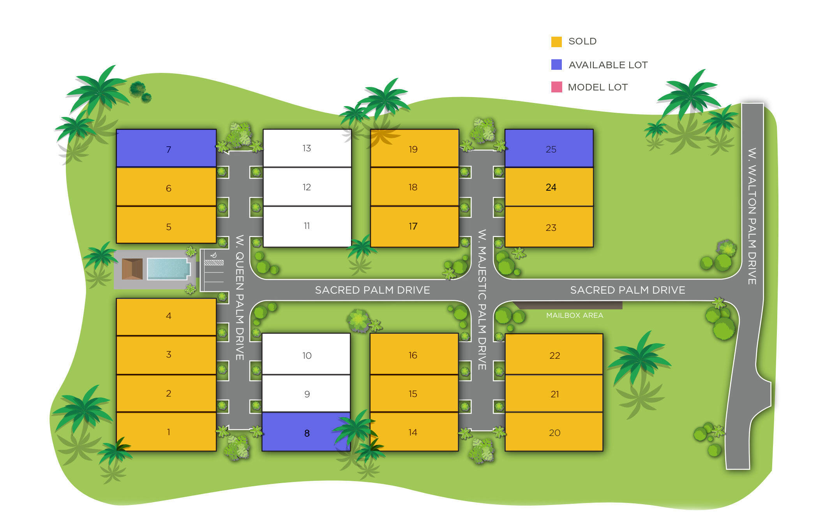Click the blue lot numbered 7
166,149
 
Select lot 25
549,149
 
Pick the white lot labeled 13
307,148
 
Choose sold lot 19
414,149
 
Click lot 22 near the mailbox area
554,354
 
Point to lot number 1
166,431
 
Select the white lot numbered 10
306,354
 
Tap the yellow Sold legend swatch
556,42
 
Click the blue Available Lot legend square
556,65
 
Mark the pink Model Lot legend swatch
556,87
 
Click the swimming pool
168,269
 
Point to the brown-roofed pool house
132,269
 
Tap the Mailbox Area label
574,315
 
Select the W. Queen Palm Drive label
240,297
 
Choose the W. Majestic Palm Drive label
482,299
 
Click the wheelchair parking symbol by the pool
214,255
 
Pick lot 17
414,226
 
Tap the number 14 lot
414,432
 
